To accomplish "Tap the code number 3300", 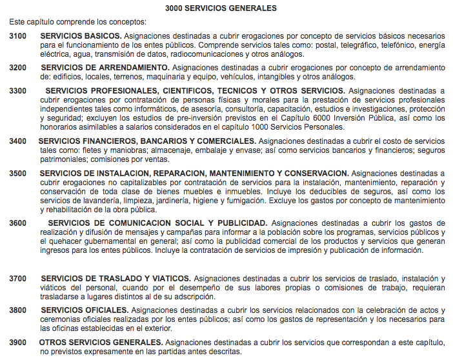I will coord(18,91).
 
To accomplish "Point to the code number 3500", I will coord(18,174).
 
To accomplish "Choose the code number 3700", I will coord(18,278).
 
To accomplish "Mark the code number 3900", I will coord(18,343).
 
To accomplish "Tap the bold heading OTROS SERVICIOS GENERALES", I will coord(101,343).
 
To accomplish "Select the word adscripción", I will coord(192,297).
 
